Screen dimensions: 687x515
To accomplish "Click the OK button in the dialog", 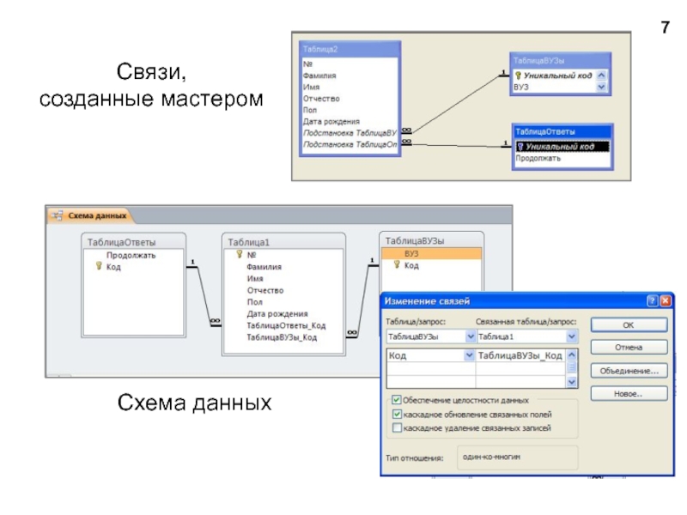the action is [628, 325].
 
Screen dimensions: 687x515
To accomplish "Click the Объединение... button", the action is [628, 371].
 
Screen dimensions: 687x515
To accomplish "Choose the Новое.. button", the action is [628, 393].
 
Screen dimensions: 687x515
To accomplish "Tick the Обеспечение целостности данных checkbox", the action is [396, 400].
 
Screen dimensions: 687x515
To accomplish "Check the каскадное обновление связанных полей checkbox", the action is [396, 414].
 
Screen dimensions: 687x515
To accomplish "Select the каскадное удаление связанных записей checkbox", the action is [396, 427].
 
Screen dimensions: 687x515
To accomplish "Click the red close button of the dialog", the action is [666, 300].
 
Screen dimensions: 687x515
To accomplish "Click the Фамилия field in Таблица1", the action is [264, 267].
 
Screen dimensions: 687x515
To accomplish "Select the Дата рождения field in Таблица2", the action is [331, 121].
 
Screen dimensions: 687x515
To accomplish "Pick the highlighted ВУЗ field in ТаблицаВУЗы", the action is [412, 254].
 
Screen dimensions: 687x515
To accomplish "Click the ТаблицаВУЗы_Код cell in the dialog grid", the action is [520, 356].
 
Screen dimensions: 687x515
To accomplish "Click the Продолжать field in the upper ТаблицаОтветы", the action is [538, 159].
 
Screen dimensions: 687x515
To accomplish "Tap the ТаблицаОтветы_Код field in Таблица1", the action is [286, 326].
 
